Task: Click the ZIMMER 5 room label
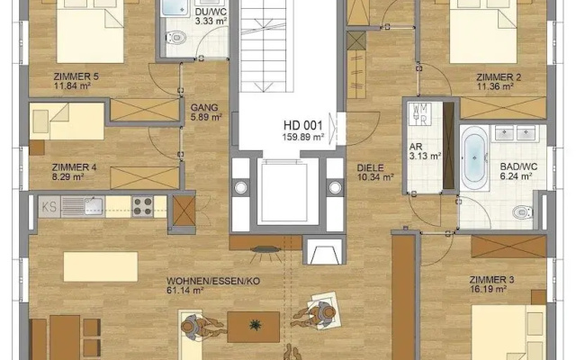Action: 76,76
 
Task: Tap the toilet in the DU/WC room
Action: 176,37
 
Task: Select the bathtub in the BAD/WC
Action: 474,158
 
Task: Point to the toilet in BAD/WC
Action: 522,212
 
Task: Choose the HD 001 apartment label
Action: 302,125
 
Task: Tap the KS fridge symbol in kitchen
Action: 49,207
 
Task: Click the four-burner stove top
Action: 143,206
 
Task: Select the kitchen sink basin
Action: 94,206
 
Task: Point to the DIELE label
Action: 370,168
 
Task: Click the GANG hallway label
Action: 204,108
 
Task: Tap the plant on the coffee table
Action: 254,325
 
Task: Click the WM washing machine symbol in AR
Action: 420,114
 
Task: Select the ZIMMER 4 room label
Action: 74,167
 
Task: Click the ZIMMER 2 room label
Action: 499,77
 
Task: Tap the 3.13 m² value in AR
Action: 425,156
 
